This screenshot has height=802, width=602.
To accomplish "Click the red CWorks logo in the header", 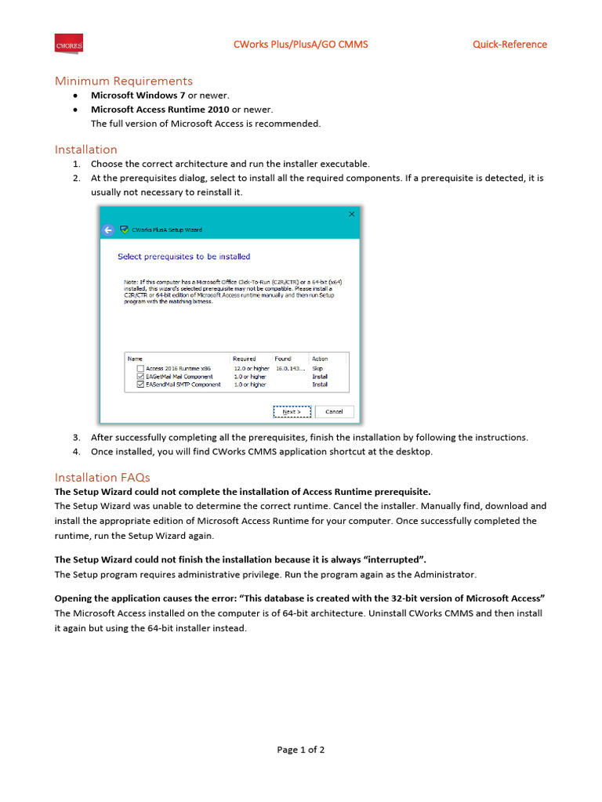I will pos(68,45).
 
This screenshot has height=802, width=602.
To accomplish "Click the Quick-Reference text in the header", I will pos(510,45).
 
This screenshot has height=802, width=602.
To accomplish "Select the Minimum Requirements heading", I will pos(123,81).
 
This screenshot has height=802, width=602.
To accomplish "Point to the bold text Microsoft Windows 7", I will pos(138,96).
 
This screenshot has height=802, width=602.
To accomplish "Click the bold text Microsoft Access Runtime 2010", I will pos(160,110).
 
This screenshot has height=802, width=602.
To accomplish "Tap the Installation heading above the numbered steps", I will pos(85,150).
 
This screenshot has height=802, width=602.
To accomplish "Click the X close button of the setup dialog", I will pos(351,214).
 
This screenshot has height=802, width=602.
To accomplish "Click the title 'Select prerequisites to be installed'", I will pos(183,256).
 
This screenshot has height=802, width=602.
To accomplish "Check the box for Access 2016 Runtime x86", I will pos(140,368).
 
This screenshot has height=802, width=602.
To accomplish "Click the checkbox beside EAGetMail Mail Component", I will pos(140,377).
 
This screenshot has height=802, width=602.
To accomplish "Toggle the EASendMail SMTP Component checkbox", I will pos(140,385).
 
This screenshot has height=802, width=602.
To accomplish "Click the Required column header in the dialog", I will pos(245,359).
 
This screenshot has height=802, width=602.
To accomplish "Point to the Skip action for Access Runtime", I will pos(317,368).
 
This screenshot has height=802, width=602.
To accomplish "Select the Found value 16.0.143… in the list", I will pos(289,368).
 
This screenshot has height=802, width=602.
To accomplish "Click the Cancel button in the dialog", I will pos(334,412).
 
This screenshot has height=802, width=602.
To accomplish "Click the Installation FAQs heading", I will pos(102,478).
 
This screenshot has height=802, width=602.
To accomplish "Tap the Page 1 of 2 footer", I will pos(300,750).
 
